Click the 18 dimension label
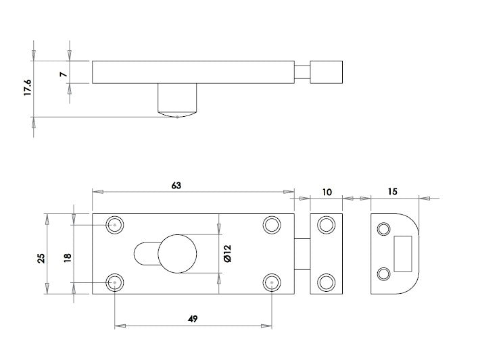pyautogui.click(x=68, y=258)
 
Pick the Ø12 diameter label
pyautogui.click(x=228, y=254)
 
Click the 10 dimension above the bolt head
pyautogui.click(x=327, y=192)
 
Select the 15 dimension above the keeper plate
pyautogui.click(x=393, y=192)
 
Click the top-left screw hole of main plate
pyautogui.click(x=115, y=224)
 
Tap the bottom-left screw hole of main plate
pyautogui.click(x=115, y=282)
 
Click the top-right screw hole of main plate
pyautogui.click(x=272, y=224)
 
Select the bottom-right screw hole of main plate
pyautogui.click(x=272, y=282)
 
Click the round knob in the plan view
pyautogui.click(x=177, y=254)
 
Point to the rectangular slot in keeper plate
pyautogui.click(x=403, y=249)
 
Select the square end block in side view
pyautogui.click(x=327, y=72)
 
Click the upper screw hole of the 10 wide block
pyautogui.click(x=327, y=224)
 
